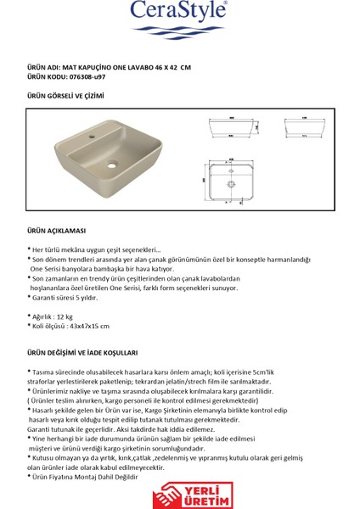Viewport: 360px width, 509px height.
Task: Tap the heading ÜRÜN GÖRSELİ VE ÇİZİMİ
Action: (x=66, y=96)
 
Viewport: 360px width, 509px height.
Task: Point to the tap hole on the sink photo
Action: (x=92, y=135)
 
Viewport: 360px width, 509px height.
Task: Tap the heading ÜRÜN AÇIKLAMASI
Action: (x=55, y=229)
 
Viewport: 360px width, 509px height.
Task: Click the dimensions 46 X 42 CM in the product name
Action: (x=171, y=65)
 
